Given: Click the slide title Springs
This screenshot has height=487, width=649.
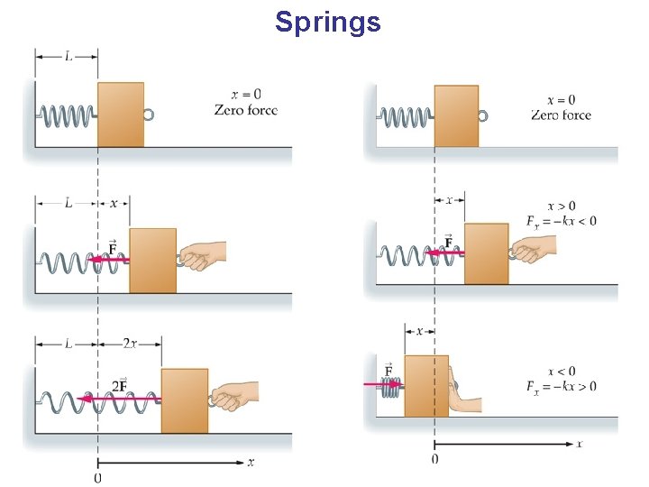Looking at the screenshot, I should coord(328,21).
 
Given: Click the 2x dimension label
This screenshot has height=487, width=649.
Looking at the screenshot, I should coord(131,344).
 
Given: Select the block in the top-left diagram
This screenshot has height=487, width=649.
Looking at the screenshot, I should coord(121,115).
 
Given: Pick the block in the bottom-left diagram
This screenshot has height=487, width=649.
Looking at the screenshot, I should coord(185,400).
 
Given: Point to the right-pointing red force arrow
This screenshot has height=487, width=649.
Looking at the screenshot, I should coord(382,384).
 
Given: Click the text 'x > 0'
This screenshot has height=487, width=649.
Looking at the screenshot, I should coord(561,206).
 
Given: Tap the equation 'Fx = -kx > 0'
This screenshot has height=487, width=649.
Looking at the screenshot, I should coord(561,387).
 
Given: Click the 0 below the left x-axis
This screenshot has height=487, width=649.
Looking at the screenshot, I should coord(97,477).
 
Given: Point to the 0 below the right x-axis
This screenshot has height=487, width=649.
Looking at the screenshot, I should coord(434,460).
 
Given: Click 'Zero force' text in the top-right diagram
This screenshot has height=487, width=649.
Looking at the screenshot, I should coord(561,115).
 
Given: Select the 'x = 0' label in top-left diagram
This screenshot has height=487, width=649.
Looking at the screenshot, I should coord(246,95).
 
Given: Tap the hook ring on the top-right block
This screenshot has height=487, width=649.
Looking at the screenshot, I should coord(483,115).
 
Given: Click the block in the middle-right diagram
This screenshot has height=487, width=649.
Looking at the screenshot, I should coord(487,253).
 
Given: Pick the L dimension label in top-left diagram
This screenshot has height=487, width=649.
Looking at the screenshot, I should coord(68,55).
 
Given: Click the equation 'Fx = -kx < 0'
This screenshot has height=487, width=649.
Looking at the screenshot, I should coord(561,221).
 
